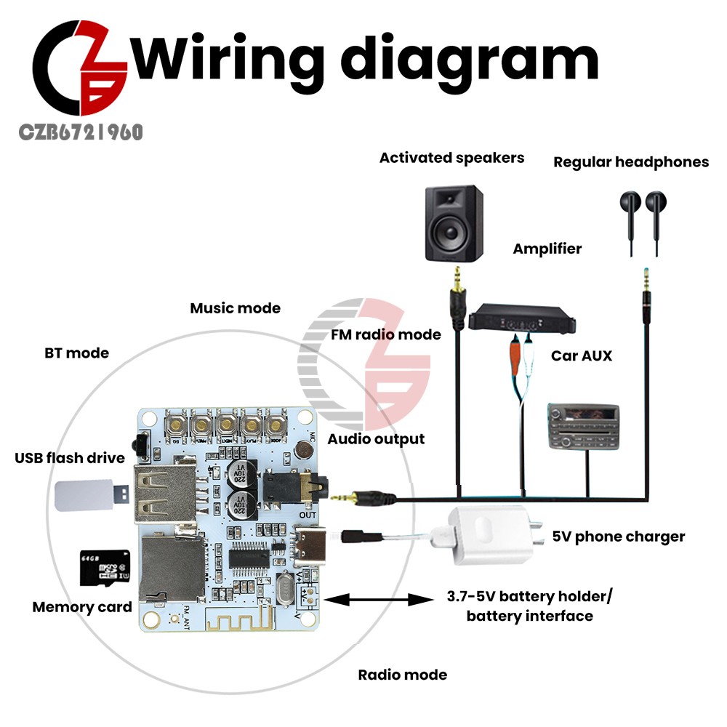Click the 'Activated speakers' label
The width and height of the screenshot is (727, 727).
pyautogui.click(x=451, y=158)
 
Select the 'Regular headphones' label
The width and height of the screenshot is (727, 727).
pyautogui.click(x=631, y=162)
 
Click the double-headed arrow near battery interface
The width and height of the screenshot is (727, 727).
pyautogui.click(x=377, y=601)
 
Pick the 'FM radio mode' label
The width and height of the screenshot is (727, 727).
pyautogui.click(x=386, y=335)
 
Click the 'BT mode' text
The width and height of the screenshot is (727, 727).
pyautogui.click(x=76, y=353)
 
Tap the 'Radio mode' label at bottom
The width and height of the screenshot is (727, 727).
pyautogui.click(x=402, y=675)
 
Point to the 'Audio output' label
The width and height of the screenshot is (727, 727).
pyautogui.click(x=376, y=439)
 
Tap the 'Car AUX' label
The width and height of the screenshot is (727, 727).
pyautogui.click(x=581, y=356)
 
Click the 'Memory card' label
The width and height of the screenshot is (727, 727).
pyautogui.click(x=82, y=607)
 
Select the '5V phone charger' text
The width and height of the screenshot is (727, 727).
pyautogui.click(x=619, y=537)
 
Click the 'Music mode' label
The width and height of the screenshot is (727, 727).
pyautogui.click(x=235, y=308)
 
